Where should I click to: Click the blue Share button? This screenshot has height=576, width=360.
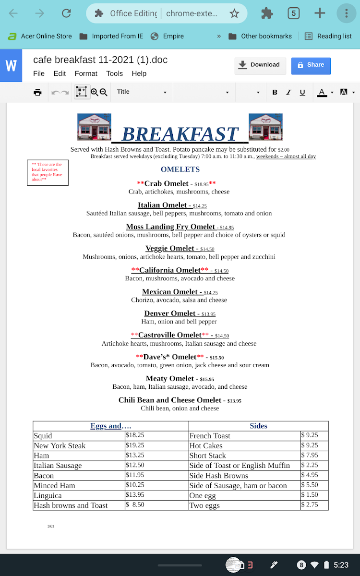point(311,65)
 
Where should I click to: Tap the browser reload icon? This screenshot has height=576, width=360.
point(66,13)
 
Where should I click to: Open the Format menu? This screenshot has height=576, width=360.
point(86,73)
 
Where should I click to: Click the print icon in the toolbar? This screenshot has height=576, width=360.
point(37,92)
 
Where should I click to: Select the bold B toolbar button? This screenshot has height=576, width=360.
point(275,92)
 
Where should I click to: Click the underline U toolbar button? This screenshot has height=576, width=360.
point(302,92)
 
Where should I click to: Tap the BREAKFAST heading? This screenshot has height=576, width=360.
point(180,133)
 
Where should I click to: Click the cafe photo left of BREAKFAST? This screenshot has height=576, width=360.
point(94,127)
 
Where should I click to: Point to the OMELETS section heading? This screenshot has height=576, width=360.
point(180,169)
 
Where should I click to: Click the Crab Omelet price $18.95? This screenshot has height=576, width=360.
point(202,184)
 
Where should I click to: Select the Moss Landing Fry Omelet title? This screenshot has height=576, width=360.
point(170,227)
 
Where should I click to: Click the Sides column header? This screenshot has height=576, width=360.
point(258,426)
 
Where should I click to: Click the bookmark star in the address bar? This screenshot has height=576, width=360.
point(234,13)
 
